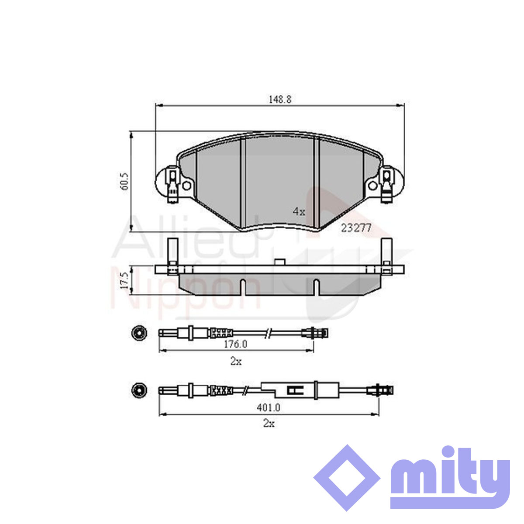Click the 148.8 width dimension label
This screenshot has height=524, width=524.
point(280,100)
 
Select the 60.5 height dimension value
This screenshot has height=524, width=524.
point(125,181)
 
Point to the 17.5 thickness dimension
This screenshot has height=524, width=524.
point(125,281)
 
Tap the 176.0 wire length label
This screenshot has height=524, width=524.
point(235,344)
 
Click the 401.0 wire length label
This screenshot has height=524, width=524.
point(269,407)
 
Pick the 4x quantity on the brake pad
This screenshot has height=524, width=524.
point(299,211)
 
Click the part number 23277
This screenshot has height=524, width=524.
point(356,228)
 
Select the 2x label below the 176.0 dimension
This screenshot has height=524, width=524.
point(236,362)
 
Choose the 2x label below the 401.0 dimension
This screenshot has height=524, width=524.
point(269,424)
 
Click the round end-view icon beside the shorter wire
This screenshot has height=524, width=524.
point(139,333)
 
